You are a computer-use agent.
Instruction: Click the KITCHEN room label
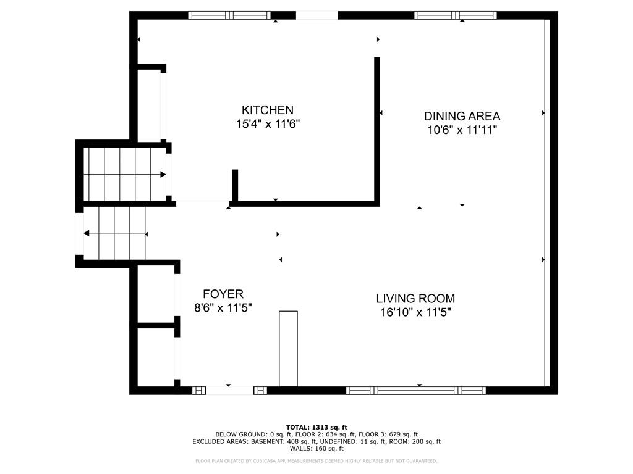(267, 110)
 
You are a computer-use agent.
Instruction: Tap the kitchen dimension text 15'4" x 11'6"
(268, 123)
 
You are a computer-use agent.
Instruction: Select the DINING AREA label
(462, 116)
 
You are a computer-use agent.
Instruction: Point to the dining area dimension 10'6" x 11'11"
(462, 130)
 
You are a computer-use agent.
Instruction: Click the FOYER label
(223, 294)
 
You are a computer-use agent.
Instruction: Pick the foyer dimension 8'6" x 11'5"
(223, 308)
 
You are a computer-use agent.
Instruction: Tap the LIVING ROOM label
(415, 298)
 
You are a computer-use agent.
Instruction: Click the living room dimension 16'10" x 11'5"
(415, 312)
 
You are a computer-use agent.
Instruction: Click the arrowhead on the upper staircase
(163, 175)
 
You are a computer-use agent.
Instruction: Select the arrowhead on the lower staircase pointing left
(87, 233)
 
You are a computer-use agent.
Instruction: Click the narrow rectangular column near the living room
(288, 349)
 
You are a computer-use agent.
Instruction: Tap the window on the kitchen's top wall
(229, 15)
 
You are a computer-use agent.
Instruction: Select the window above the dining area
(456, 15)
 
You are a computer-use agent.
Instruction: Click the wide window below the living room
(416, 390)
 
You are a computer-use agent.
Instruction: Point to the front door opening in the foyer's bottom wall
(229, 390)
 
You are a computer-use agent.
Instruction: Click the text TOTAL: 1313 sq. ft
(316, 427)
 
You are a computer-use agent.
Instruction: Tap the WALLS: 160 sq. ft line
(316, 448)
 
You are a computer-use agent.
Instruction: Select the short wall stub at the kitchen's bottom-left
(235, 185)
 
